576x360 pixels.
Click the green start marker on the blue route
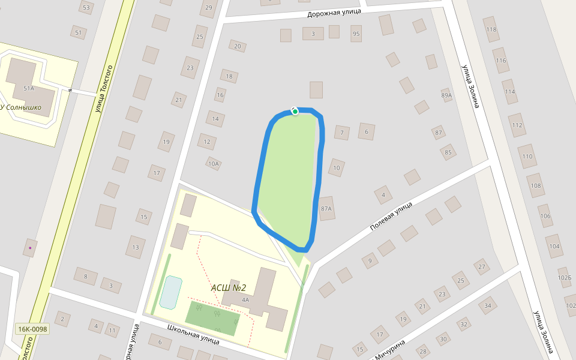click(x=295, y=111)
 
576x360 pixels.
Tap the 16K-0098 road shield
click(x=32, y=329)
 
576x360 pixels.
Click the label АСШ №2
click(x=229, y=287)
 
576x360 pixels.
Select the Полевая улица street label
click(x=391, y=217)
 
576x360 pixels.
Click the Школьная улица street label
click(x=193, y=335)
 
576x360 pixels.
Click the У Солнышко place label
click(x=21, y=107)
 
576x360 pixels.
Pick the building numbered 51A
click(x=28, y=88)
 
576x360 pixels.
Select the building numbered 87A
click(x=326, y=208)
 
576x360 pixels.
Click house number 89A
click(x=446, y=95)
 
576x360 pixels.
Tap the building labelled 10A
click(x=214, y=163)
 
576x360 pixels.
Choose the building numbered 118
click(x=491, y=29)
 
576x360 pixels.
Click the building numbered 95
click(x=356, y=34)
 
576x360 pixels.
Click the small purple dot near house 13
click(x=30, y=247)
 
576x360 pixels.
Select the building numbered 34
click(x=488, y=306)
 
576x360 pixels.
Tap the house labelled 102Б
click(x=565, y=278)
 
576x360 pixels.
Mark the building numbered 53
click(x=86, y=8)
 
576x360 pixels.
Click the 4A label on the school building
click(x=245, y=299)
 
